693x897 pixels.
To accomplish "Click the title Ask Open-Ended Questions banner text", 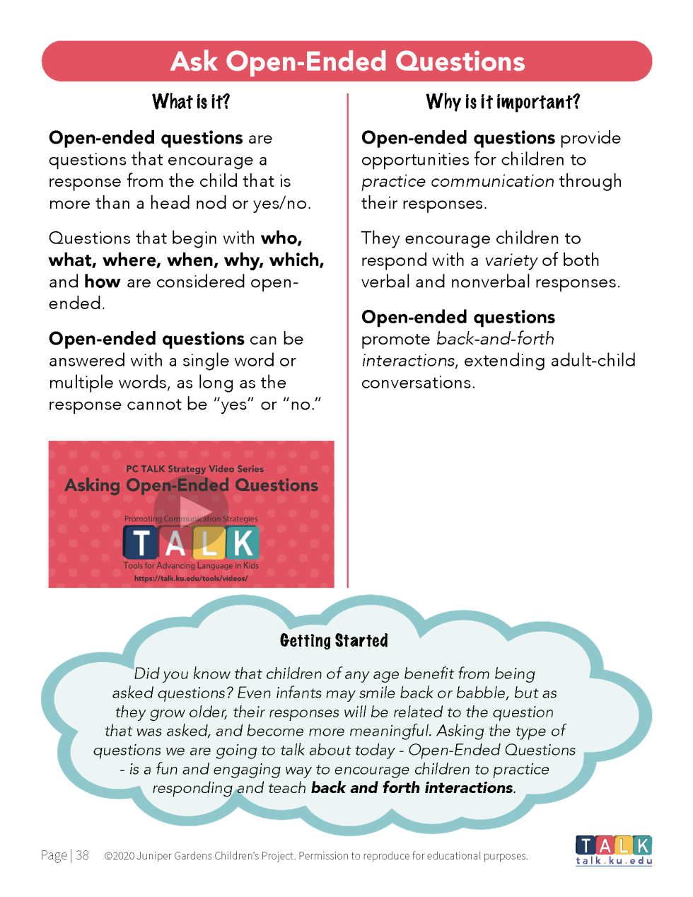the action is (347, 62).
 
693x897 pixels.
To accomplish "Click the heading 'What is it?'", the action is (191, 102).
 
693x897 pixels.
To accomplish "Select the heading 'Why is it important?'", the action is (503, 102).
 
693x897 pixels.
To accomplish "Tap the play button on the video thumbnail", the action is (192, 509).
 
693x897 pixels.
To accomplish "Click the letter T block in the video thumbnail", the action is (141, 543).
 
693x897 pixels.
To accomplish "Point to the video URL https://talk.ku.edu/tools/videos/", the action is (191, 578).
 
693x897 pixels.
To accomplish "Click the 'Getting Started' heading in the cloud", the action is (334, 641).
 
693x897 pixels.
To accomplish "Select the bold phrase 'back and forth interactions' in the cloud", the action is (412, 788).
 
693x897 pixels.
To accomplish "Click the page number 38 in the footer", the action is (82, 855).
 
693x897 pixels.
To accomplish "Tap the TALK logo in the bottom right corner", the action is (613, 845).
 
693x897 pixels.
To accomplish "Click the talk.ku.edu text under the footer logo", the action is (613, 861).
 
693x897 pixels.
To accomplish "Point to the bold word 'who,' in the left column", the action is (281, 238).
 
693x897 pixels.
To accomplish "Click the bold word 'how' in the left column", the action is (102, 282).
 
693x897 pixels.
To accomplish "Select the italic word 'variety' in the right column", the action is (511, 260).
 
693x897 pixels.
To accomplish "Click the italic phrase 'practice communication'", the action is (458, 182).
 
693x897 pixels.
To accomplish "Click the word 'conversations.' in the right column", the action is (418, 383).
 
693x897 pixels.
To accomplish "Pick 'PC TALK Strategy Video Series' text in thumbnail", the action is (194, 469).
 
